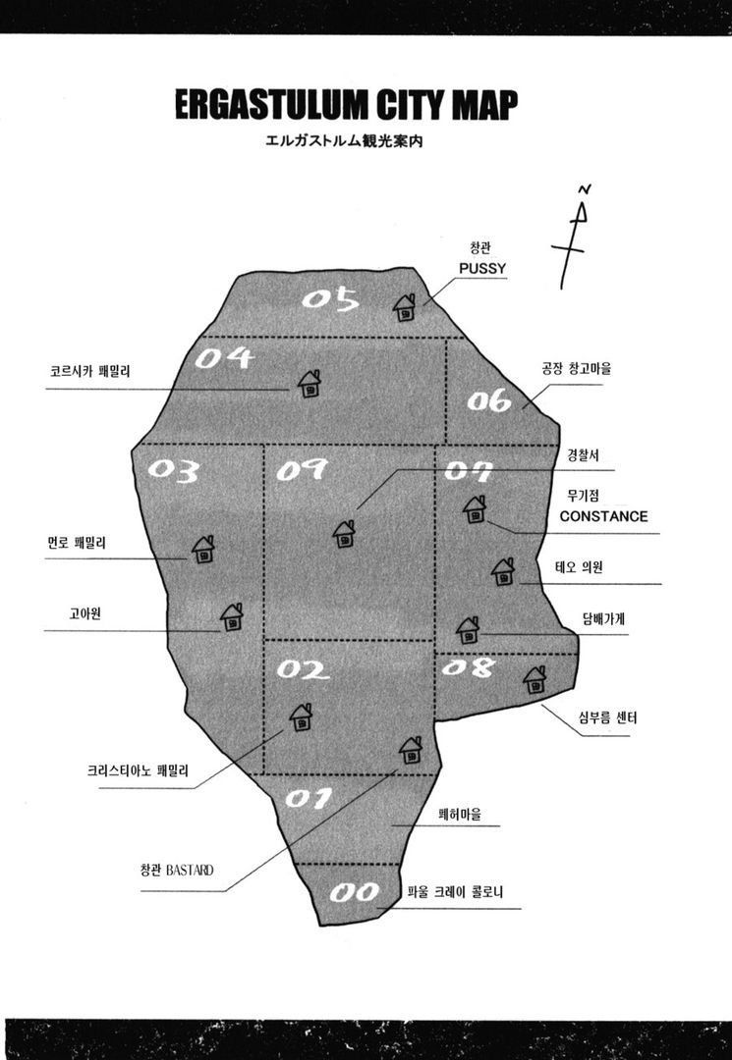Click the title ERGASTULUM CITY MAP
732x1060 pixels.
[346, 105]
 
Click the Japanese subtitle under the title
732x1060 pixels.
[344, 142]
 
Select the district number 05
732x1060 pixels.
[330, 299]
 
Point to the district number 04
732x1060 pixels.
[225, 357]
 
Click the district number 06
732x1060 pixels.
[489, 400]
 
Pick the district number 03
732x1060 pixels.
[174, 470]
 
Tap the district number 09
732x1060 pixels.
[302, 469]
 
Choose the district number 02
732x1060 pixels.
[303, 669]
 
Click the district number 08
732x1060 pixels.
[468, 668]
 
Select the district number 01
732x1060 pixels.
[309, 798]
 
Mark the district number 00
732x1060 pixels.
[355, 893]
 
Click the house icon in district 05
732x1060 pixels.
[405, 307]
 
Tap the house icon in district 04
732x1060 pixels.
[310, 384]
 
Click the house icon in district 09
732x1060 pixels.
[344, 534]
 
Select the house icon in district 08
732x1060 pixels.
[535, 679]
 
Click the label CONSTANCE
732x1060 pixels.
[603, 516]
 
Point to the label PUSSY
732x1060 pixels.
[482, 268]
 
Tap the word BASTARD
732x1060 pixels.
[190, 870]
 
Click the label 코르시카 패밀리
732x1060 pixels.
[90, 371]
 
